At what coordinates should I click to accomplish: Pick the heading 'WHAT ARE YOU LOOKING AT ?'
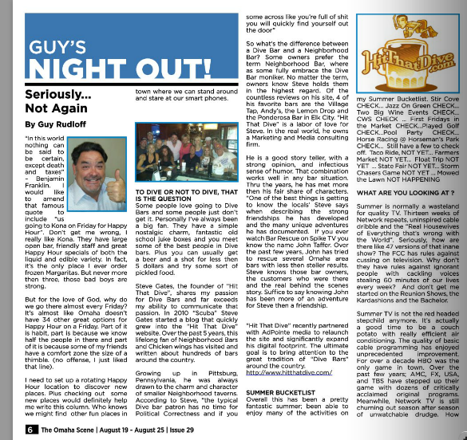coord(403,192)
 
